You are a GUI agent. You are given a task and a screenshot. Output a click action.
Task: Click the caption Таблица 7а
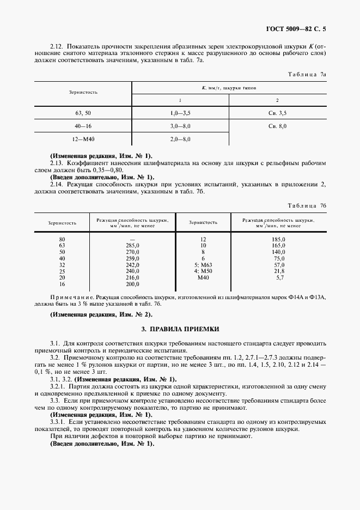[x=307, y=73]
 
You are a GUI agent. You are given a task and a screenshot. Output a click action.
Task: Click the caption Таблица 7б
[x=307, y=205]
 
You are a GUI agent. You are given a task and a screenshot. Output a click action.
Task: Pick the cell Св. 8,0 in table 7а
[x=277, y=126]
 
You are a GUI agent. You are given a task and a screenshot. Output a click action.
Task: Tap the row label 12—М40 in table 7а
[x=83, y=139]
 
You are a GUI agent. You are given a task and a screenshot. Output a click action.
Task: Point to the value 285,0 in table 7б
[x=132, y=246]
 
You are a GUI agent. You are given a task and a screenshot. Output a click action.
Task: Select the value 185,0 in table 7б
[x=279, y=239]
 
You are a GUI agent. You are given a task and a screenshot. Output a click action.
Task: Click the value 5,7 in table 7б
[x=280, y=277]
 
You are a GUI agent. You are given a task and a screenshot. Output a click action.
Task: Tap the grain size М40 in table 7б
[x=203, y=277]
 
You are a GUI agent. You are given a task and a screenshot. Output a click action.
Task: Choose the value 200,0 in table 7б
[x=132, y=284]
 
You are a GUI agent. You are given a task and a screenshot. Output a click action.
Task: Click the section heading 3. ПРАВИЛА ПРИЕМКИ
[x=180, y=330]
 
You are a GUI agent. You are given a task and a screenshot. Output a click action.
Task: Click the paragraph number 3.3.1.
[x=58, y=422]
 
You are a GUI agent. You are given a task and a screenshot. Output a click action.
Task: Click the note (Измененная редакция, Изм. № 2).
[x=101, y=314]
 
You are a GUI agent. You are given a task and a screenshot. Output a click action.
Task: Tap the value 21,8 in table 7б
[x=279, y=271]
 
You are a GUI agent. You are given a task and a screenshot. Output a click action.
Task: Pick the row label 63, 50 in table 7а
[x=83, y=112]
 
